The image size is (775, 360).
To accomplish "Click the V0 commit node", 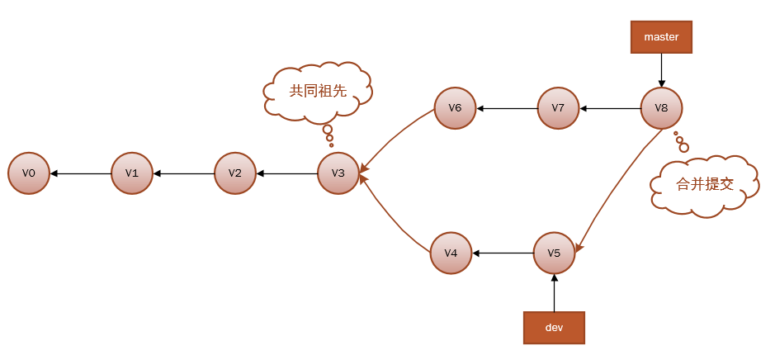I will coord(29,173).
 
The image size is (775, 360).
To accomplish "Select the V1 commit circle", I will coord(132,173).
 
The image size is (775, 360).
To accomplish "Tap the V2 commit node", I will coord(235,173).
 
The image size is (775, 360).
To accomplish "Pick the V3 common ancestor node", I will coord(338,173).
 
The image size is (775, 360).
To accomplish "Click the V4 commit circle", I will coord(451,253).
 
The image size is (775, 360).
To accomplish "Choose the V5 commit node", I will coord(554,253).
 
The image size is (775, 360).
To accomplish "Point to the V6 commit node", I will coord(456,108).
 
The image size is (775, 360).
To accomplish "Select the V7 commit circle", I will coord(558,108).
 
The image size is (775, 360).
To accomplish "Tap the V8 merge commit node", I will coord(661,108).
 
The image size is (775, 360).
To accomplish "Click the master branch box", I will coord(661,37).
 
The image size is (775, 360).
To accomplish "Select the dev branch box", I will coord(554,327).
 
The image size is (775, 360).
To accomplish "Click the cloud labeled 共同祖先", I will coord(318,91).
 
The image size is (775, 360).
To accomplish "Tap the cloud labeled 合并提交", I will coord(705,185).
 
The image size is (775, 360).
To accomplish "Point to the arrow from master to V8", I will coord(661,70).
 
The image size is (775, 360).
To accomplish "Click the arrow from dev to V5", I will coord(554,293).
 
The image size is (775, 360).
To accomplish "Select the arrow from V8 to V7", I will coord(610,108).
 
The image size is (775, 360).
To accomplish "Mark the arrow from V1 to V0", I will coord(81,173).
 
